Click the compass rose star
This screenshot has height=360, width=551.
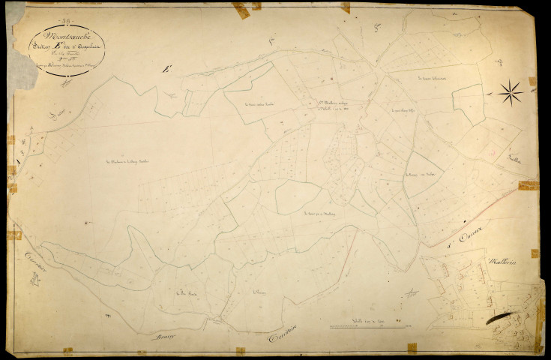511,93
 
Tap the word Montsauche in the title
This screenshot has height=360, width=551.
59,34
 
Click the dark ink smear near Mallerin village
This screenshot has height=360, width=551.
500,318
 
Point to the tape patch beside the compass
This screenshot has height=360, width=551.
532,81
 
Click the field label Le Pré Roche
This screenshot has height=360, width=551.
186,292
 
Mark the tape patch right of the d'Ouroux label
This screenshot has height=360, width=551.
529,184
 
